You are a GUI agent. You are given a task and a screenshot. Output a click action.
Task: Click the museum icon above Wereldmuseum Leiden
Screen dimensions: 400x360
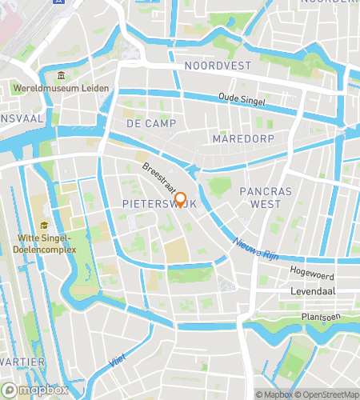(60, 77)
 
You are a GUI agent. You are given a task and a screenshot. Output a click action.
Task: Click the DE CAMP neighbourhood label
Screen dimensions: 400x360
(145, 123)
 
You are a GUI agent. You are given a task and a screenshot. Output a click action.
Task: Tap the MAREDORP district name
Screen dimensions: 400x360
(243, 138)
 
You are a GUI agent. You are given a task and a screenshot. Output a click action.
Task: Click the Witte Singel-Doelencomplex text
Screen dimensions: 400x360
(48, 243)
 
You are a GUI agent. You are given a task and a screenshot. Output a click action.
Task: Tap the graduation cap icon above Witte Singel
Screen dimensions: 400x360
(44, 226)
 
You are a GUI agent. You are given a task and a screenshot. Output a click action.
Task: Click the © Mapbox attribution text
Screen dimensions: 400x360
(274, 394)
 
